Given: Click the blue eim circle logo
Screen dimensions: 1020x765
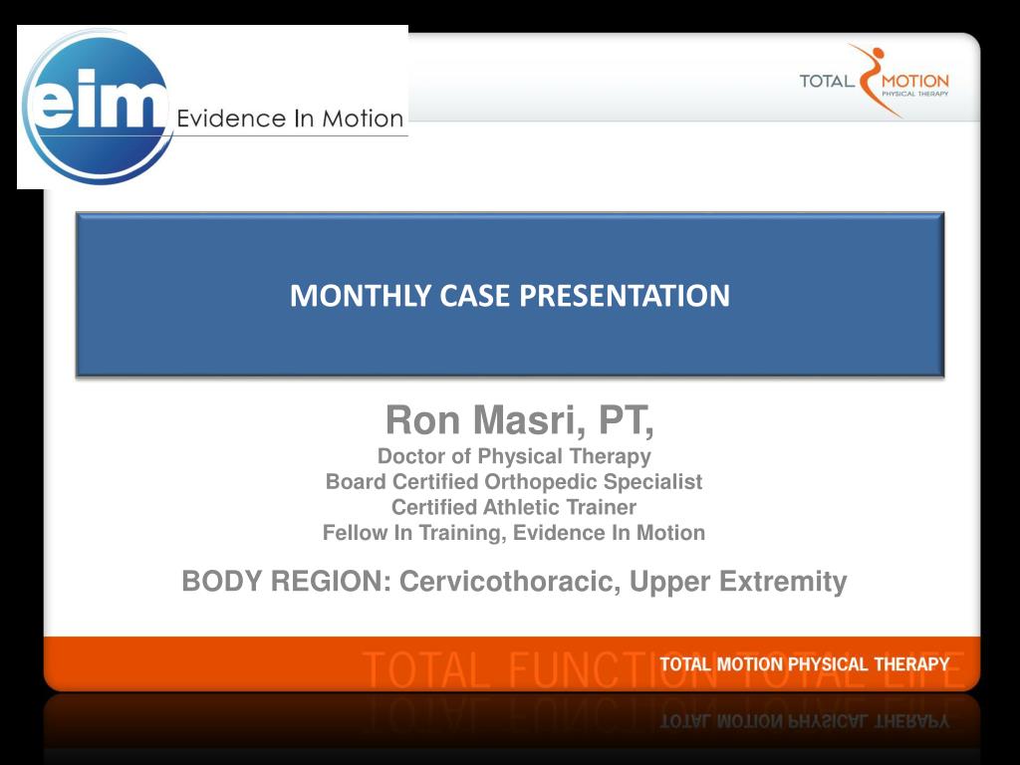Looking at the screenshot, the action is pos(97,107).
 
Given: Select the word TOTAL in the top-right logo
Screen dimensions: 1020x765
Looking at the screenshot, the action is pos(827,82).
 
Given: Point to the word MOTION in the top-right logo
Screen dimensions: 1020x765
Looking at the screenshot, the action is pos(915,82).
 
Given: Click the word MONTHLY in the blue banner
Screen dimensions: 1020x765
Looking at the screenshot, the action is pos(361,295).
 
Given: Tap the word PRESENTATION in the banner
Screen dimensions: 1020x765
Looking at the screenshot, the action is pos(624,295).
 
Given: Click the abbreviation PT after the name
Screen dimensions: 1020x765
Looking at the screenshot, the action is pos(626,421).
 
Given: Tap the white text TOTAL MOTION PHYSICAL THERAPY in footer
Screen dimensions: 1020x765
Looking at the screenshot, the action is pos(805,664).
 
